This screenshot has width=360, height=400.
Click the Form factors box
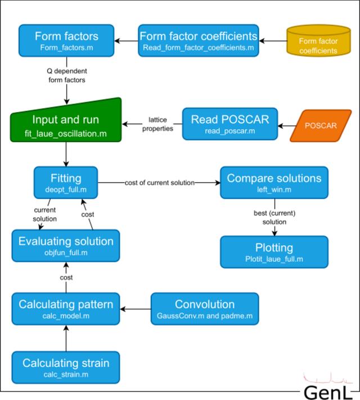(66, 41)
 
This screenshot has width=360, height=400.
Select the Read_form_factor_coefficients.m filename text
(199, 48)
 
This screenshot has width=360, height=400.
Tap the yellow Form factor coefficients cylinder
(318, 41)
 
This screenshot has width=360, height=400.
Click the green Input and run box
(66, 120)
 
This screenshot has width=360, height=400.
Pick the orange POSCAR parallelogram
(321, 125)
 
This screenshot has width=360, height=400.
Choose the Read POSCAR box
(230, 124)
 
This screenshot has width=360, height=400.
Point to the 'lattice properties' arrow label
(157, 124)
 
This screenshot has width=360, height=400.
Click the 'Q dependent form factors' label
(67, 75)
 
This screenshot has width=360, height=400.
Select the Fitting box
(66, 183)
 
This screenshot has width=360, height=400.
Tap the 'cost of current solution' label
(159, 183)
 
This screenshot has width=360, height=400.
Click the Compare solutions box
(274, 183)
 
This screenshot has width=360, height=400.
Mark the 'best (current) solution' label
(274, 217)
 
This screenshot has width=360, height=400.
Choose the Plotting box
(274, 252)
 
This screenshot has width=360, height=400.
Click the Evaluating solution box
(66, 246)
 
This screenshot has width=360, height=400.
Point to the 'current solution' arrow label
(45, 214)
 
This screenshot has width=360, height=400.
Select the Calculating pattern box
(66, 309)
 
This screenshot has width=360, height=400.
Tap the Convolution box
(205, 309)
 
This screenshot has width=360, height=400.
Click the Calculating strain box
(66, 367)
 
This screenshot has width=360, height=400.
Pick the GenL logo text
(326, 392)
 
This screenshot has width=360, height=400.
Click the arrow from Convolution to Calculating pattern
(136, 309)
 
